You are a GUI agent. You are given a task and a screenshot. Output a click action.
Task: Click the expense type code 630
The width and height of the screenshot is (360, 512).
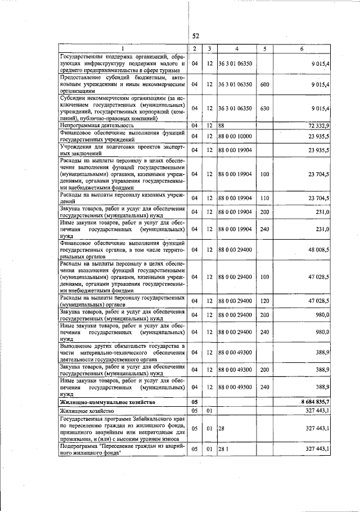[x=264, y=107]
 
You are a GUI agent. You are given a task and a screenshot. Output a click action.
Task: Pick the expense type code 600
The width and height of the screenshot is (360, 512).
[x=264, y=84]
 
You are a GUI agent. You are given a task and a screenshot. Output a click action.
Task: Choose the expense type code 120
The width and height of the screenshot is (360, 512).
[x=264, y=301]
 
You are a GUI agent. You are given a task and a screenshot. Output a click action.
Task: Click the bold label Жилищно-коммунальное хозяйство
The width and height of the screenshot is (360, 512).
[x=106, y=402]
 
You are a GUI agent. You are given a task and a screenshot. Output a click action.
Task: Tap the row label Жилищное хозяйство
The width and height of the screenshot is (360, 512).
[x=86, y=411]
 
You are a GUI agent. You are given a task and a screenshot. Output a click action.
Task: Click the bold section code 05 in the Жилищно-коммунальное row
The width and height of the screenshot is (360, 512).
[x=195, y=402]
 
